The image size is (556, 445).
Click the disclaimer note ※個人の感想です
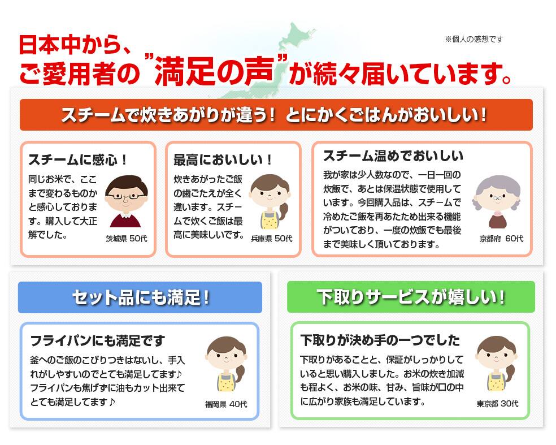tap(474, 39)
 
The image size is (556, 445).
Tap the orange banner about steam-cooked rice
tap(276, 115)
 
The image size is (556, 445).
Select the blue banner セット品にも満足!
tap(140, 297)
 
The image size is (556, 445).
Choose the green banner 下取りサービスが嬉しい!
tap(411, 297)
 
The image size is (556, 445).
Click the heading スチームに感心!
tap(77, 159)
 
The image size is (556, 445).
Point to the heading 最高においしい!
tap(223, 159)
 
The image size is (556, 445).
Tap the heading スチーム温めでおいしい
tap(393, 156)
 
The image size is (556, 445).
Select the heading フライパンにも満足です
tap(98, 340)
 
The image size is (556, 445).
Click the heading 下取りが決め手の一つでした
tap(380, 340)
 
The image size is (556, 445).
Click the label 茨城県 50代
tap(126, 239)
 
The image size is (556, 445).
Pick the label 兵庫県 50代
tap(272, 239)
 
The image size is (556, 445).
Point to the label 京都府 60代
tap(501, 239)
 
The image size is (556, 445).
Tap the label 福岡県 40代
tap(226, 404)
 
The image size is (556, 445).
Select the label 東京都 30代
tap(497, 404)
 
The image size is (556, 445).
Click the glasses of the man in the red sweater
tap(126, 196)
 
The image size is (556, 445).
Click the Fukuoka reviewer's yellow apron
tap(225, 383)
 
